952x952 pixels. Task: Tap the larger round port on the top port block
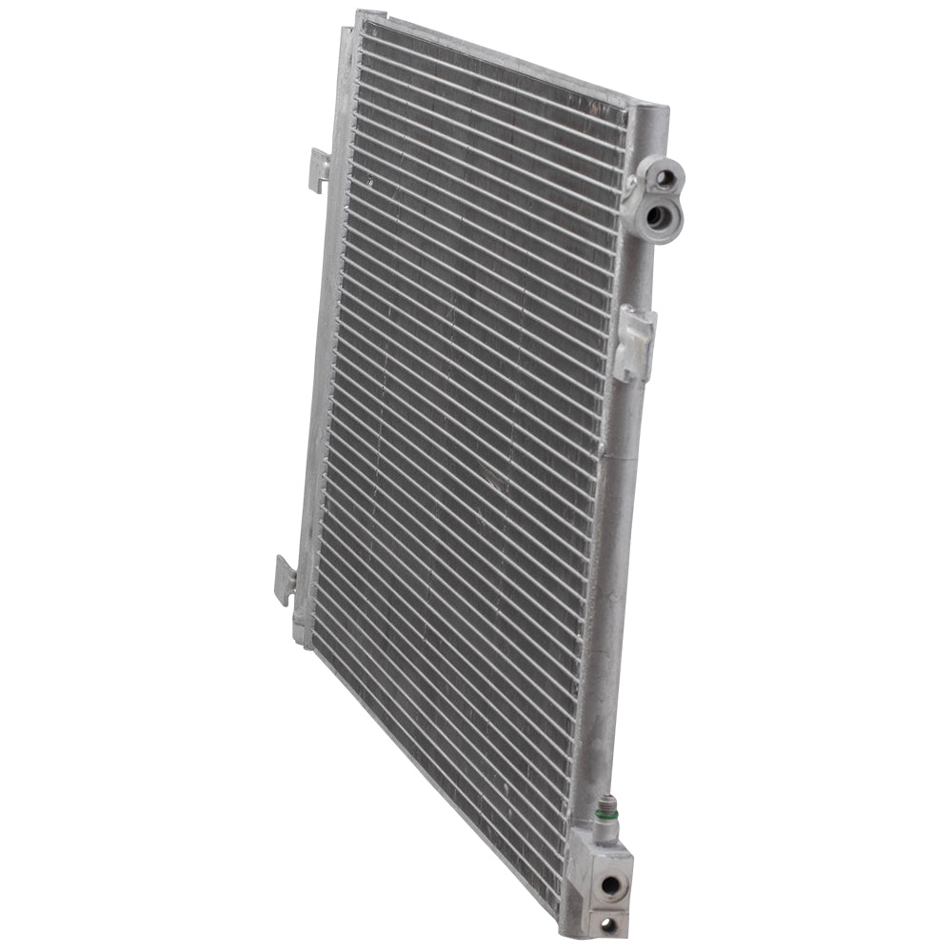tap(655, 215)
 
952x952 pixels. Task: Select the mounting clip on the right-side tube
tap(633, 341)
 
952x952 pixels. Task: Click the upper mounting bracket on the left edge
tap(318, 169)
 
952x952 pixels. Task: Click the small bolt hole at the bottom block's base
tap(605, 922)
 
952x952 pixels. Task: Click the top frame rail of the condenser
tap(495, 57)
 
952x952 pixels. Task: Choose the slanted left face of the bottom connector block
tap(575, 881)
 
